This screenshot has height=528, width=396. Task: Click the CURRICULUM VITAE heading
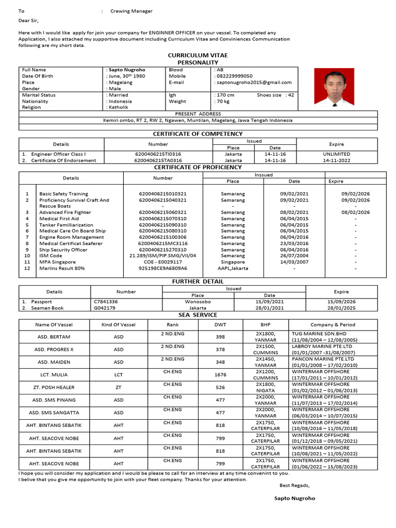[x=197, y=55]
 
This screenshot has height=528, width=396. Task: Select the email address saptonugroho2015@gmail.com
[x=254, y=82]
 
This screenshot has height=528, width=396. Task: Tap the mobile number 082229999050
[x=235, y=76]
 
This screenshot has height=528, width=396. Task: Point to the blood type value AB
[x=220, y=70]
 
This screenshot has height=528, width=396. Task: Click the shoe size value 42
[x=291, y=95]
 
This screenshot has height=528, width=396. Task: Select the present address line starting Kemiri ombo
[x=198, y=120]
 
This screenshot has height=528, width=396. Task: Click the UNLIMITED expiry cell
[x=336, y=154]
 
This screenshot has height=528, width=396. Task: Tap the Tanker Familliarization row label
[x=66, y=225]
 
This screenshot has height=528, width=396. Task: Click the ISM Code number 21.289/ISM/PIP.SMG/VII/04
[x=162, y=256]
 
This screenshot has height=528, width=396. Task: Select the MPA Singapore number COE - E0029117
[x=162, y=262]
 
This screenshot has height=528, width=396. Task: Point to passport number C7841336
[x=106, y=302]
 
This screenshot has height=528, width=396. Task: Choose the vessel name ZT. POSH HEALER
[x=54, y=387]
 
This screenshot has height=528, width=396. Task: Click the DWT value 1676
[x=220, y=375]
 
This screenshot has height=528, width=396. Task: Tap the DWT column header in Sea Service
[x=220, y=325]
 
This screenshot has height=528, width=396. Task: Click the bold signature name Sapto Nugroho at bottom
[x=294, y=499]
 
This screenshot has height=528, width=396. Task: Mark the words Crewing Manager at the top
[x=131, y=11]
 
